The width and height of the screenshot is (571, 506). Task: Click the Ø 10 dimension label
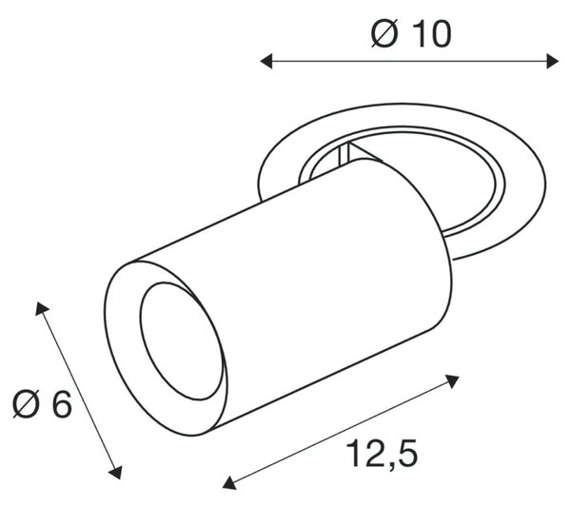pos(411,33)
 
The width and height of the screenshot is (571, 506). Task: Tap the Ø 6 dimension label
pos(42,404)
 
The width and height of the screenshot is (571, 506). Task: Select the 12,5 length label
pos(382,453)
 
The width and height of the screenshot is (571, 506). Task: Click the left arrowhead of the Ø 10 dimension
pos(266,61)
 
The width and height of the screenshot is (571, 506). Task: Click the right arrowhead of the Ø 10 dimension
pos(552,61)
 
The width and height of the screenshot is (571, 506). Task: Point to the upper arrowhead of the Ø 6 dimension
pos(41,309)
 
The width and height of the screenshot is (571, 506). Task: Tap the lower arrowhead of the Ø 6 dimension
pos(116,473)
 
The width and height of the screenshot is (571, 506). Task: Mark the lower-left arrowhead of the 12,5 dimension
pos(229,483)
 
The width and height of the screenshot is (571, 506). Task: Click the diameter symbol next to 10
pos(384,34)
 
